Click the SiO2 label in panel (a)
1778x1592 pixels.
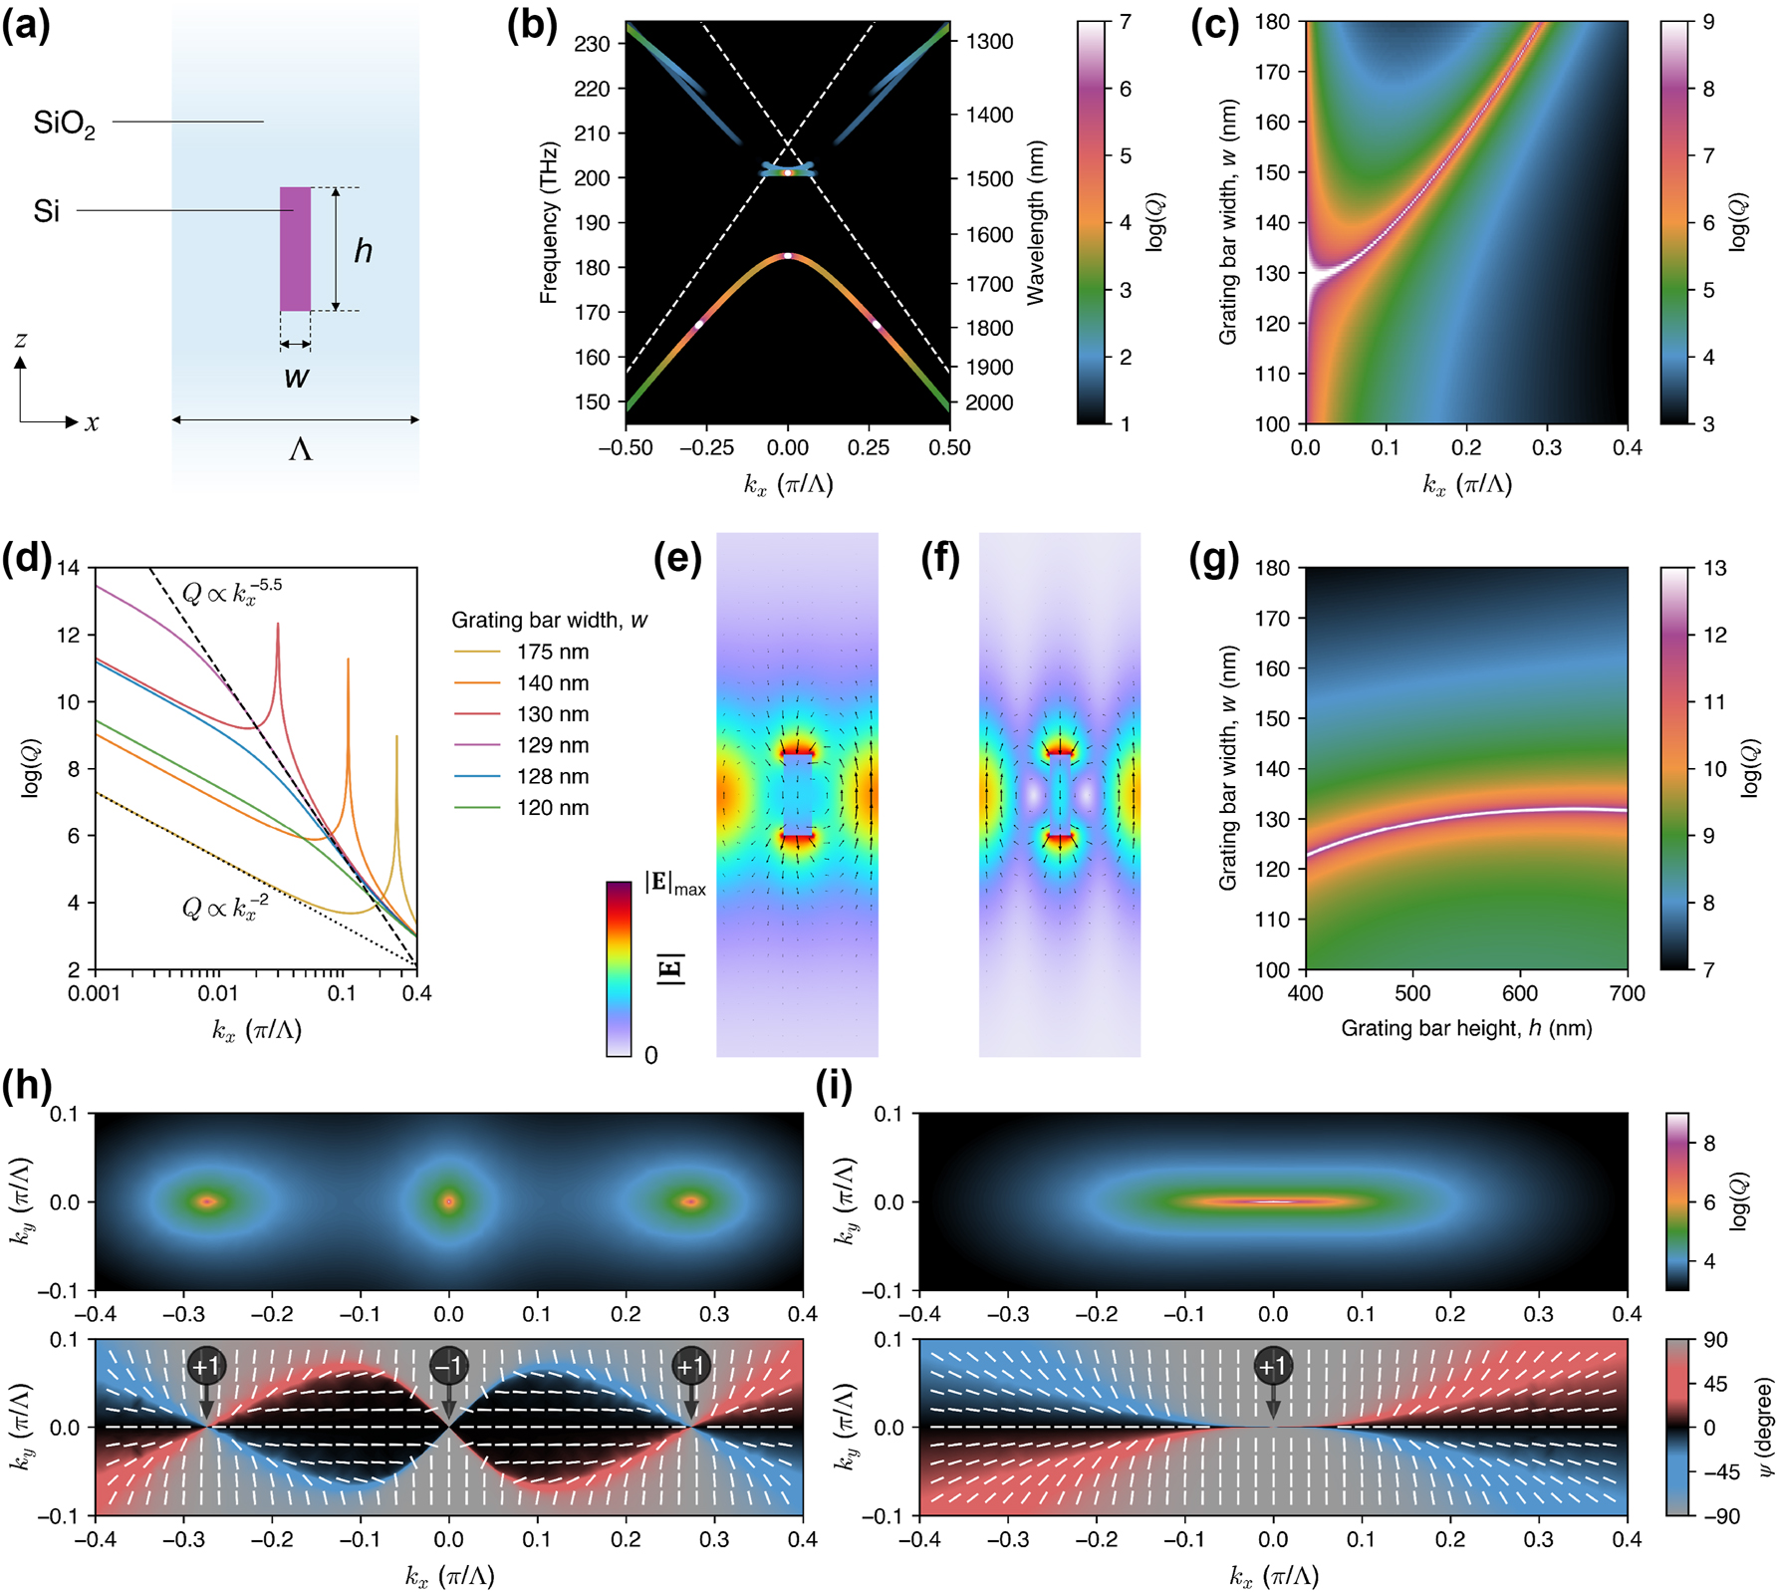click(x=64, y=124)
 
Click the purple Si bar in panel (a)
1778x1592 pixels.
click(x=295, y=249)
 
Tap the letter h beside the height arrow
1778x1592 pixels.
click(x=364, y=250)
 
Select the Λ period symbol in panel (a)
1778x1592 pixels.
click(x=300, y=450)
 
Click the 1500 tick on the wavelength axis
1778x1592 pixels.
click(x=989, y=179)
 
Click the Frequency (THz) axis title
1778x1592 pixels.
click(x=548, y=222)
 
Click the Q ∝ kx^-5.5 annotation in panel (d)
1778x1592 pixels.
click(x=232, y=592)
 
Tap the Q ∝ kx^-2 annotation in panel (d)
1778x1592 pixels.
click(x=224, y=908)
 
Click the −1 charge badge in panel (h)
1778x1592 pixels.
click(x=448, y=1365)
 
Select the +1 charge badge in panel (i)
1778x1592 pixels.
click(x=1272, y=1365)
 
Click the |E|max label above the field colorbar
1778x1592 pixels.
click(x=674, y=884)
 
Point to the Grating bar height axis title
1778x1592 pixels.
click(x=1466, y=1028)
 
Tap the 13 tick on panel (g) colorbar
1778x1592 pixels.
click(x=1714, y=568)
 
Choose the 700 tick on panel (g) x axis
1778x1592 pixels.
click(x=1627, y=993)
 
